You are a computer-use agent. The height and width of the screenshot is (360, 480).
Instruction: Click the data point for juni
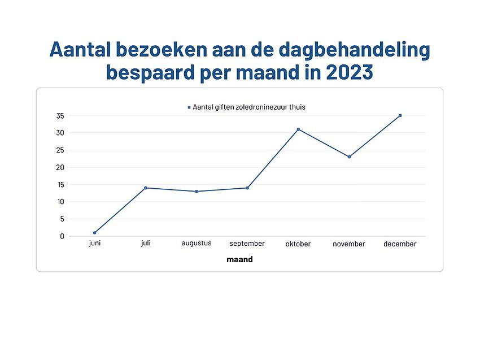(x=95, y=233)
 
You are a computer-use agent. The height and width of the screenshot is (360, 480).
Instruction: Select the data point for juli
(x=145, y=188)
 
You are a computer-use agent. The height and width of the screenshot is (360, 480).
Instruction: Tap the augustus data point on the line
(x=197, y=192)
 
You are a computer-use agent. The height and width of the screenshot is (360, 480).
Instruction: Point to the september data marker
(x=247, y=188)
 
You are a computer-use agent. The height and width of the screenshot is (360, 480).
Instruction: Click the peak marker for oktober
(x=299, y=129)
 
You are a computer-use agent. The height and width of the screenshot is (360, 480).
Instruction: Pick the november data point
(x=350, y=157)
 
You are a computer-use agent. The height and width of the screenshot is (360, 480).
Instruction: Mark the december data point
(x=400, y=115)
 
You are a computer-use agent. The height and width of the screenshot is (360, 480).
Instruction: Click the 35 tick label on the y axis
(x=60, y=116)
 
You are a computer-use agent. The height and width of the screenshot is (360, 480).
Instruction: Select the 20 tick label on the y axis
(x=60, y=167)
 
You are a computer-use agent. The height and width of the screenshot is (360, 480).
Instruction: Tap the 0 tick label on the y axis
(x=62, y=236)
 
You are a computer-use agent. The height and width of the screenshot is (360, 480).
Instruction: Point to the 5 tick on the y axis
(x=62, y=219)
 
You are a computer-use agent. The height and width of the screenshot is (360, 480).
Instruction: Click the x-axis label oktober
(x=298, y=244)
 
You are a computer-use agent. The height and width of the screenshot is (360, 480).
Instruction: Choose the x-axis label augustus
(x=197, y=243)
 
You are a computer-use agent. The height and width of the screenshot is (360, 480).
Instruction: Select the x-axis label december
(x=400, y=244)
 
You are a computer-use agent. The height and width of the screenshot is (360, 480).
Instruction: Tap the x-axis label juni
(x=95, y=243)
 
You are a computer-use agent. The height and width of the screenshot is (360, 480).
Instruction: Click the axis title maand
(x=239, y=259)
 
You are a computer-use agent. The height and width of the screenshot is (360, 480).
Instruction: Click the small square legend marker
(x=189, y=107)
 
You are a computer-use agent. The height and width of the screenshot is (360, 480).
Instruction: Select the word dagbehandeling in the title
(x=355, y=50)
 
